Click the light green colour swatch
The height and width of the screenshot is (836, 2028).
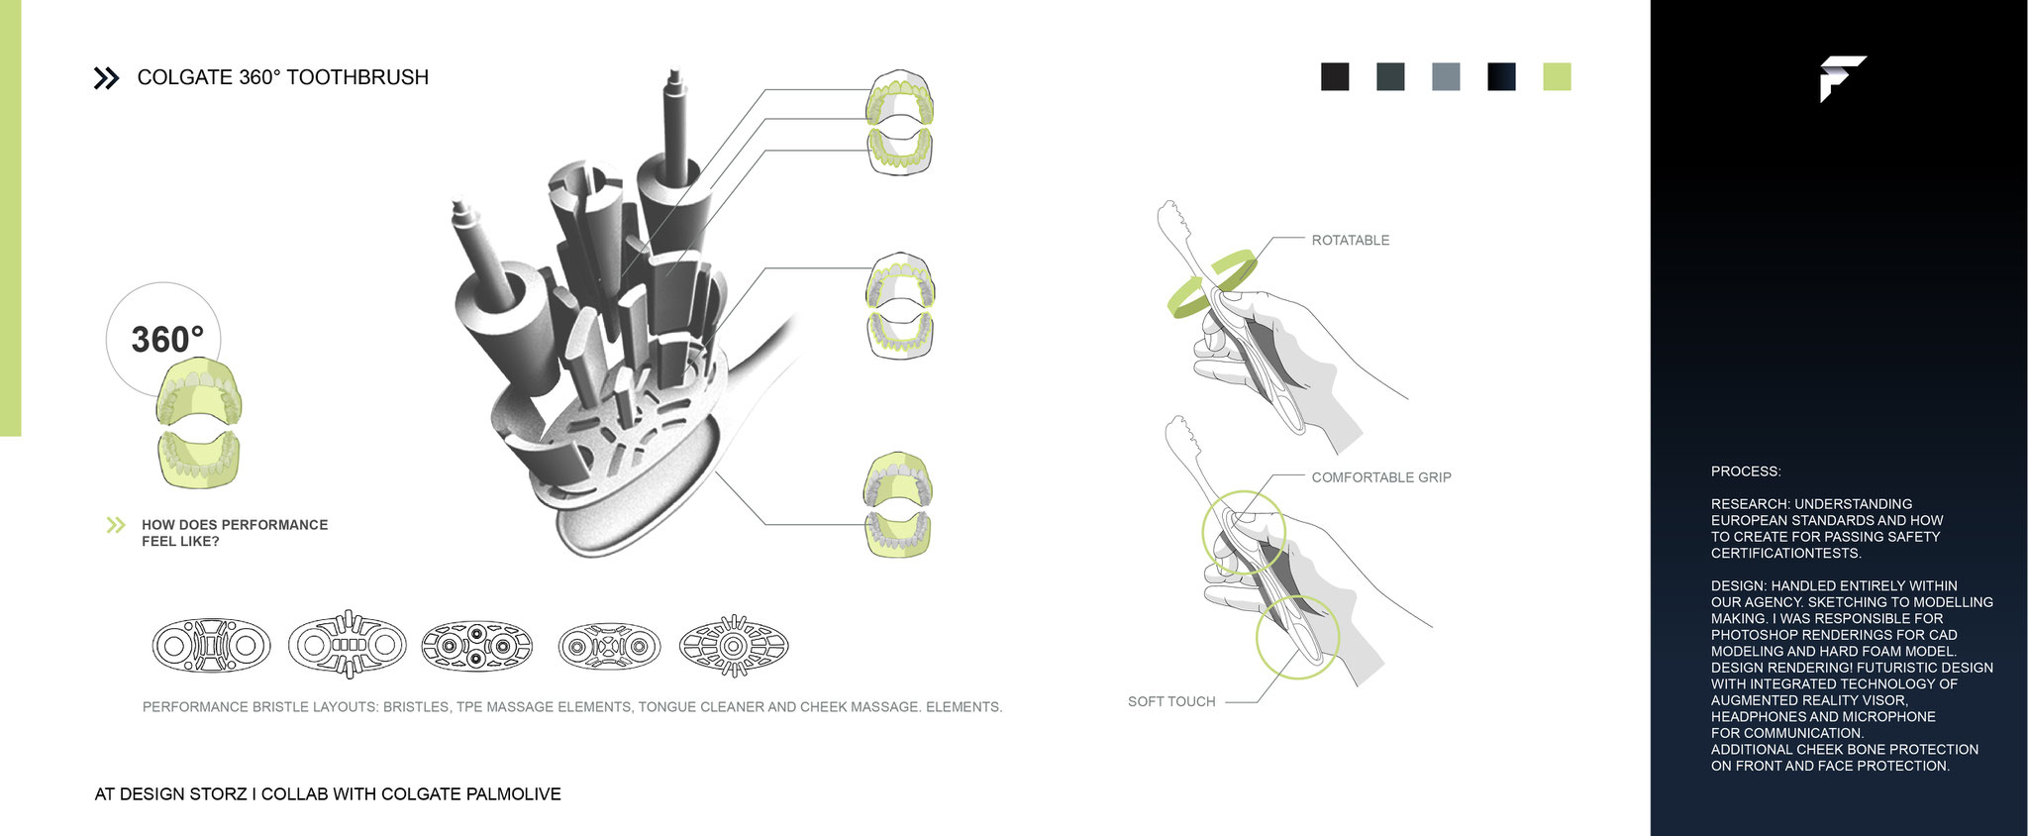click(x=1557, y=76)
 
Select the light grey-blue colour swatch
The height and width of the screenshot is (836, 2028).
click(x=1446, y=76)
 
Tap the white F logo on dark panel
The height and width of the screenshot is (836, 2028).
click(x=1841, y=78)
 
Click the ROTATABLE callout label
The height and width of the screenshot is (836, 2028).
click(x=1350, y=240)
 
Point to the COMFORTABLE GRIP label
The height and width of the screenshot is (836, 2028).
click(x=1380, y=477)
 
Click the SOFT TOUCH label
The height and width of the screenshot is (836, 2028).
click(x=1170, y=701)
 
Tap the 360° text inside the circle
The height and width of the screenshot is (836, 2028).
click(x=166, y=340)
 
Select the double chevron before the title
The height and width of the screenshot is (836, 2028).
click(x=106, y=78)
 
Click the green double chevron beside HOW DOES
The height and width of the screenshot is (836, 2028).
click(x=116, y=525)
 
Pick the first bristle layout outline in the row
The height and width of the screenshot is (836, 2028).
click(x=211, y=646)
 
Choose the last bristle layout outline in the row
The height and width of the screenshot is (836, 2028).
click(x=734, y=646)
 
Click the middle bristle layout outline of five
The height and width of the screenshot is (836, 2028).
click(x=476, y=646)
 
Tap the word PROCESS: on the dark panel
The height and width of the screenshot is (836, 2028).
click(x=1745, y=471)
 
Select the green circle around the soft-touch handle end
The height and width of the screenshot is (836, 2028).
click(x=1297, y=636)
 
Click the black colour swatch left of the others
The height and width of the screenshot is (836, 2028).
click(x=1335, y=76)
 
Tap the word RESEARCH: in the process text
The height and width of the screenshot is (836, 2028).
click(x=1750, y=504)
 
